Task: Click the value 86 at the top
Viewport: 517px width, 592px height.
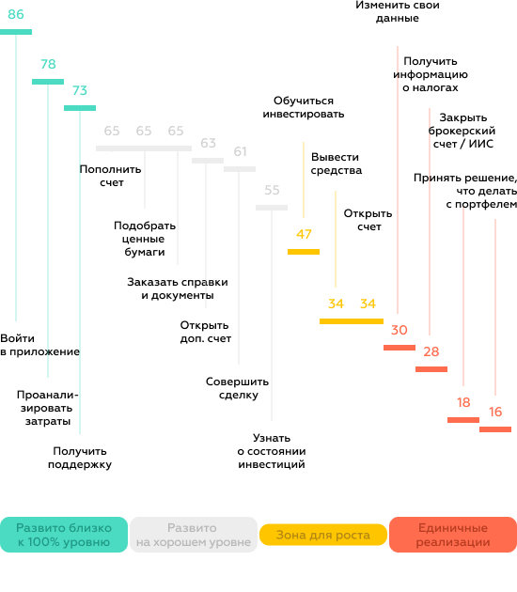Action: click(x=16, y=14)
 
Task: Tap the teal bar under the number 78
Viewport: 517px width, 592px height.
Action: click(x=48, y=82)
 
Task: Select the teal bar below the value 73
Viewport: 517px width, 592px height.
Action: click(x=80, y=108)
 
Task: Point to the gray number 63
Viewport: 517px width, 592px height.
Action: click(x=208, y=143)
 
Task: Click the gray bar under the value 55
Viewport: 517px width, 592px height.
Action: click(x=272, y=208)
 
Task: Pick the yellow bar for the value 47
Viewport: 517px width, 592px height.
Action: click(x=304, y=252)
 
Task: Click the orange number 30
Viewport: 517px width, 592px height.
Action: click(x=399, y=330)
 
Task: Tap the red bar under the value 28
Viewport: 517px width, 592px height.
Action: click(x=431, y=369)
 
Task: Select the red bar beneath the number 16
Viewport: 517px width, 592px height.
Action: click(x=495, y=428)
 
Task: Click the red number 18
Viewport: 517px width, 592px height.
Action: click(x=463, y=402)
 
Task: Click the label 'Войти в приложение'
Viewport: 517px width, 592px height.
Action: click(x=39, y=345)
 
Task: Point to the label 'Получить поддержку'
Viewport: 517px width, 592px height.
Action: click(x=80, y=458)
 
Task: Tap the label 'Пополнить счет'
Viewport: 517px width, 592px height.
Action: click(x=110, y=176)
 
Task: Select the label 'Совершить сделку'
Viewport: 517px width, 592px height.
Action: click(x=238, y=388)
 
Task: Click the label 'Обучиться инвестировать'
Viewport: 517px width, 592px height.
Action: click(x=304, y=107)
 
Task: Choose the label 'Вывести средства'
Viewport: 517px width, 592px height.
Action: click(x=337, y=164)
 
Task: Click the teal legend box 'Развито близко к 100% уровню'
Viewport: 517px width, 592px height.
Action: click(x=64, y=535)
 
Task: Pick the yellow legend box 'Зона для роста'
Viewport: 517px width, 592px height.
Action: click(x=323, y=535)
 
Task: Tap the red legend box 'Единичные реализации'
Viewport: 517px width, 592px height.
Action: click(x=453, y=535)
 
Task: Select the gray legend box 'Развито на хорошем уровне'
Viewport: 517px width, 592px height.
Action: click(x=194, y=535)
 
